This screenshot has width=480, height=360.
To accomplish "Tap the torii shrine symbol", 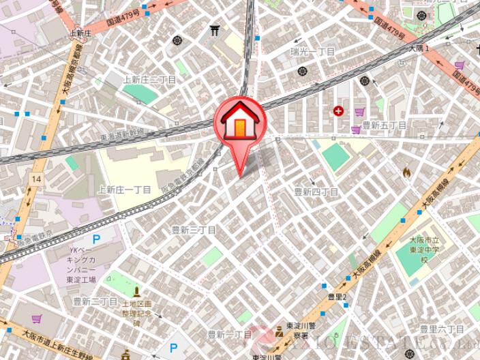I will [215, 31].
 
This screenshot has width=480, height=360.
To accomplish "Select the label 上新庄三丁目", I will [149, 80].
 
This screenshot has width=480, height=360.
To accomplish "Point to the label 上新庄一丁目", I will [125, 190].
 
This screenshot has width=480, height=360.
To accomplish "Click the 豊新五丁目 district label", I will [384, 125].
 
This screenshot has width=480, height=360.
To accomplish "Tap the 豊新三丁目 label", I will [193, 230].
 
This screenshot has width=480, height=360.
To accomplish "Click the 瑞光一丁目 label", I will [312, 52].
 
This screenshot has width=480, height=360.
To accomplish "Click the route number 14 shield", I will [35, 178].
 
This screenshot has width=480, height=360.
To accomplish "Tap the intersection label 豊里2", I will [337, 297].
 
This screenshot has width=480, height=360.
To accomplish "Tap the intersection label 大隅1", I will [419, 49].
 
